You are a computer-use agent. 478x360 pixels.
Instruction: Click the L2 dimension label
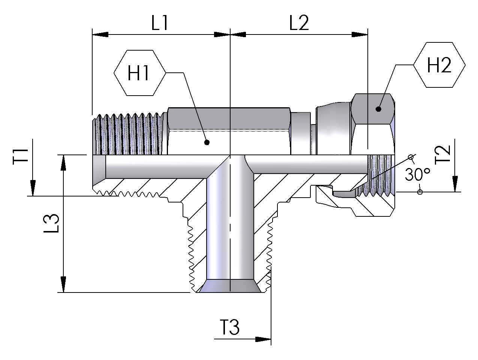[299, 23]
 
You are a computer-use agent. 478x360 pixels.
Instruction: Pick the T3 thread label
[229, 328]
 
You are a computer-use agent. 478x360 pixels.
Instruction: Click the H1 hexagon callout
[139, 73]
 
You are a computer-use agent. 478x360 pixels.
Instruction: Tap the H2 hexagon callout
[439, 66]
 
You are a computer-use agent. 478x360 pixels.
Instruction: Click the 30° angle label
[417, 174]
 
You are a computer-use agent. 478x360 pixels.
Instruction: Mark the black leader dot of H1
[205, 142]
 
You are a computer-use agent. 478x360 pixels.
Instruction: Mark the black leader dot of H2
[378, 109]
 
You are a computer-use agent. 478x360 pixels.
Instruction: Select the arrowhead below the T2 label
[454, 184]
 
